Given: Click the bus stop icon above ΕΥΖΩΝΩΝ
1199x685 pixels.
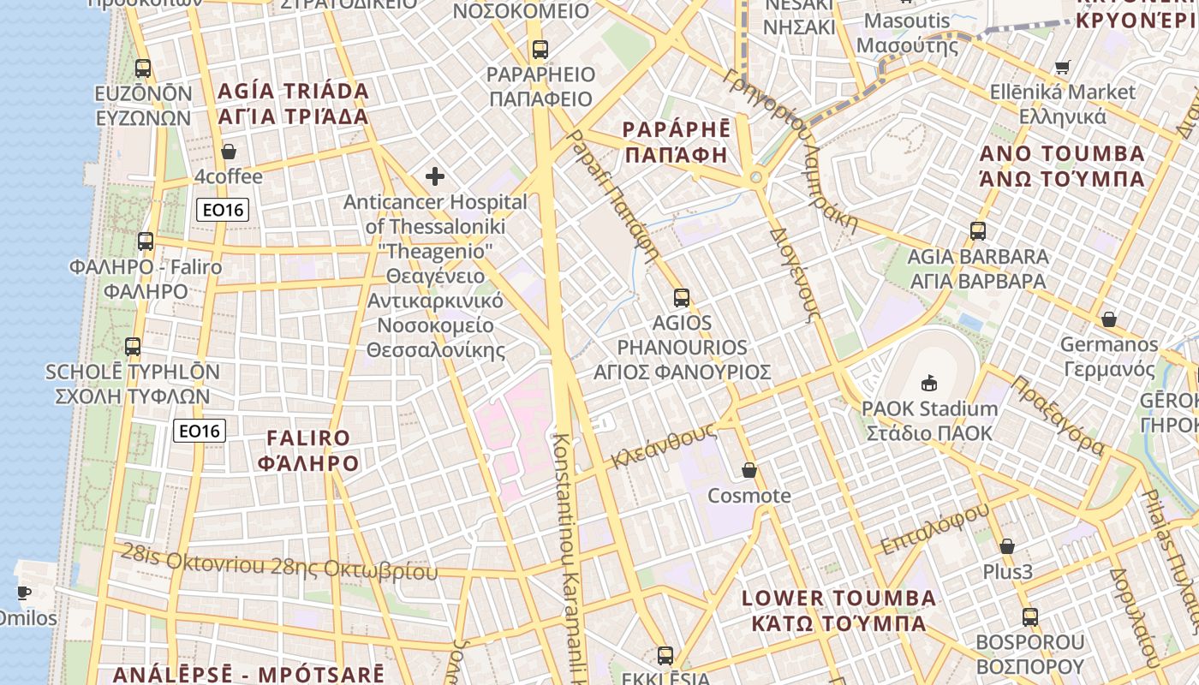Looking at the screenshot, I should coord(143,68).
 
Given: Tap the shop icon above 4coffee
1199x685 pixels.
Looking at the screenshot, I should coord(229,152).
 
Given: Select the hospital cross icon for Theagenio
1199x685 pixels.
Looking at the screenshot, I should coord(435,177).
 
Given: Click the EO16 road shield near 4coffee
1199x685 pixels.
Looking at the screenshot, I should coord(223,210).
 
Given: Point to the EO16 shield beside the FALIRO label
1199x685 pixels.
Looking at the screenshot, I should coord(200,431).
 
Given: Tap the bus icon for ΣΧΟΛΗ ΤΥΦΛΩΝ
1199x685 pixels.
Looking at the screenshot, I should coord(133,347).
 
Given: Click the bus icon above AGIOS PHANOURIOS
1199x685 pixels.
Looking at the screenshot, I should coord(682,298).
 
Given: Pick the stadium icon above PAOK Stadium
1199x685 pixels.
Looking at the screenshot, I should coord(929,383).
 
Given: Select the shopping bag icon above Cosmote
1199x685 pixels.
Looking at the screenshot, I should coord(749,470).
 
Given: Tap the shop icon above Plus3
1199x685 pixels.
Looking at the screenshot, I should coord(1007,546).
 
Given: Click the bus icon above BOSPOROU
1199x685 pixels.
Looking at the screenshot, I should coord(1030,616).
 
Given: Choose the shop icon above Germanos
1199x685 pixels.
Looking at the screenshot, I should coord(1109,319).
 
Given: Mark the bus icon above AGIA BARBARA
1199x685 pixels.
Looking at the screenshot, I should coord(978,231).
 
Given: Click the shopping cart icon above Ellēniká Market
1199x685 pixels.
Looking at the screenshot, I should coord(1063,67).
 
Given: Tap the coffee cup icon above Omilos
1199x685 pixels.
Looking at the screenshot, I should coord(24,593).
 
